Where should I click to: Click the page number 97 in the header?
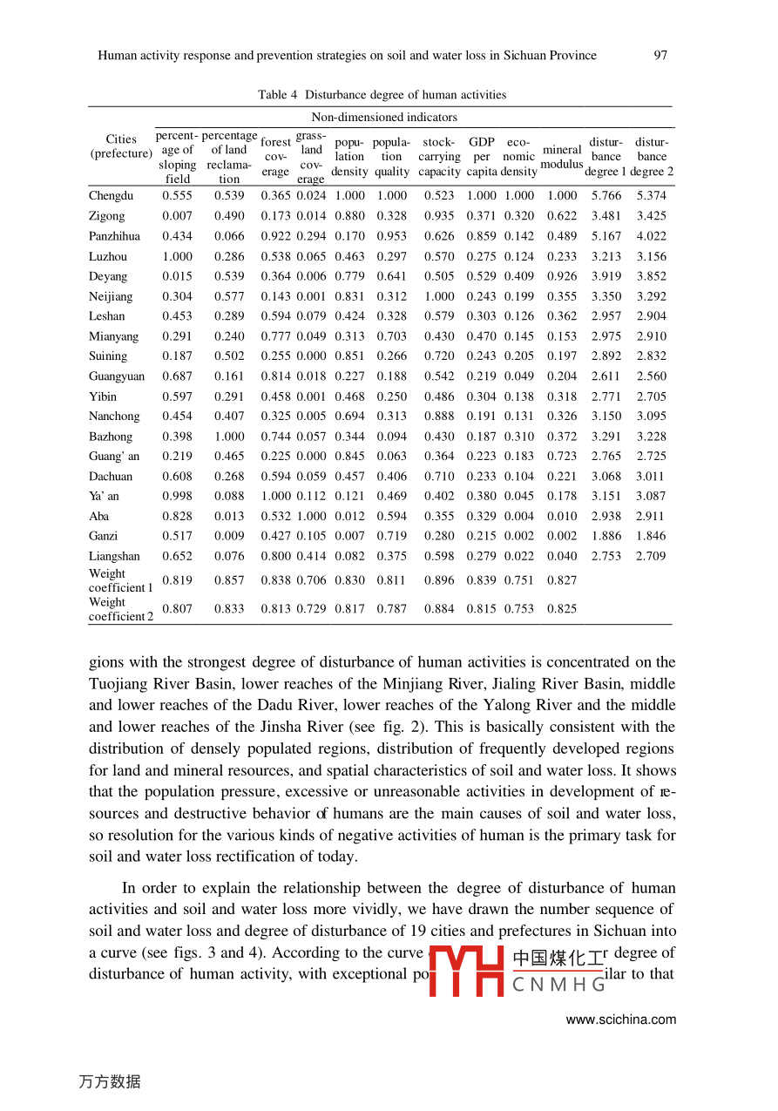660,56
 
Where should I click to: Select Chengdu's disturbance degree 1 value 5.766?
605,196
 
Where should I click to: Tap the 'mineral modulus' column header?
561,157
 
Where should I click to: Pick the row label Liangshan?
113,556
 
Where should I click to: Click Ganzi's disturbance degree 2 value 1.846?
650,536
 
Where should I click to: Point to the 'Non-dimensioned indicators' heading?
383,117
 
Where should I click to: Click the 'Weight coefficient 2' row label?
120,609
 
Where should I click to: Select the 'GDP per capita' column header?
481,157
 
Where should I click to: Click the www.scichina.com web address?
620,1020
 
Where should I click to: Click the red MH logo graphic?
467,971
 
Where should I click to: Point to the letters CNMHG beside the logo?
558,985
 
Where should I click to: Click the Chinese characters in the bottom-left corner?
109,1081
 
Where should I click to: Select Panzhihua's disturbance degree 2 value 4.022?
650,236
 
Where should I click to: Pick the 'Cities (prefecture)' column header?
121,146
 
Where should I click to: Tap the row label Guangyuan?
117,376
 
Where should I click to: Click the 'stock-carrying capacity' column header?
438,157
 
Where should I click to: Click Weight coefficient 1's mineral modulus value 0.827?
561,580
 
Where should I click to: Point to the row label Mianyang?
113,336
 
